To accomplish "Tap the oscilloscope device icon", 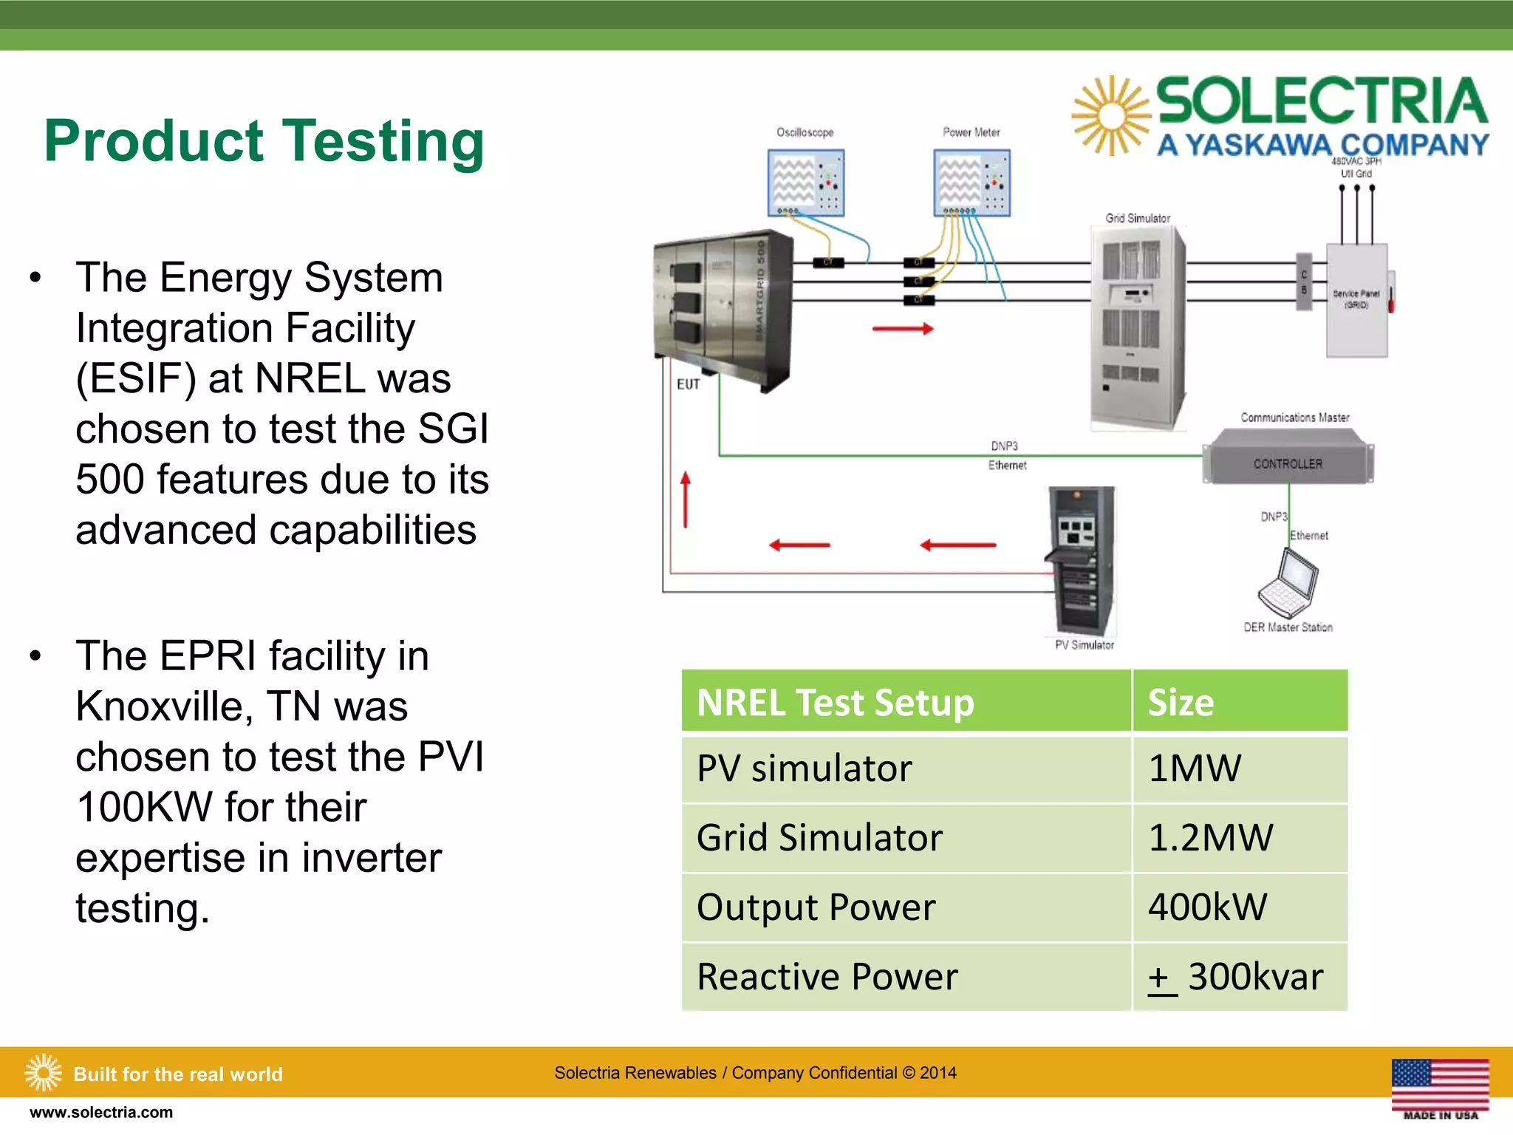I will (x=805, y=183).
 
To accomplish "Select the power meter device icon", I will (x=971, y=183).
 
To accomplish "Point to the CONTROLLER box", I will (x=1288, y=464).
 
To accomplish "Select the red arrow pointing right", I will (x=903, y=329).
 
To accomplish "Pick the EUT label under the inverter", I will (x=688, y=384).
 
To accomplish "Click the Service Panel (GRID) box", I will (x=1356, y=300).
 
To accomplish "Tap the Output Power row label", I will (x=816, y=907).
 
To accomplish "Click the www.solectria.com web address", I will (x=101, y=1112).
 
